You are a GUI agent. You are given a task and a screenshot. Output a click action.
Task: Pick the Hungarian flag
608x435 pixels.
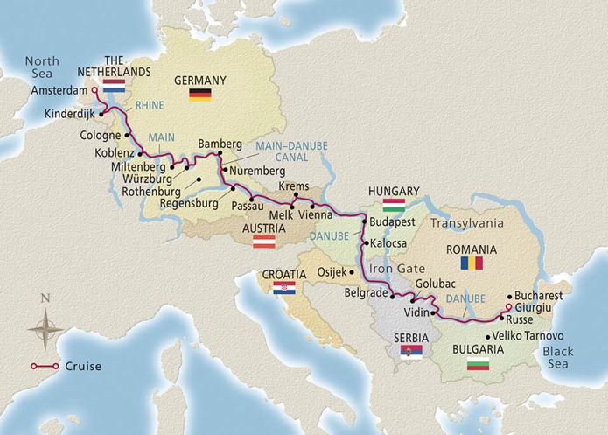point(390,206)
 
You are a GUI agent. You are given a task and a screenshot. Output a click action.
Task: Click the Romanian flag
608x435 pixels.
point(472,263)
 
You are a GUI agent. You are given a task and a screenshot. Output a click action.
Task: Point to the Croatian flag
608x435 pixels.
point(286,288)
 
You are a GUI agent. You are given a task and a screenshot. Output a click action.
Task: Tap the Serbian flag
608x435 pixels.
point(409,353)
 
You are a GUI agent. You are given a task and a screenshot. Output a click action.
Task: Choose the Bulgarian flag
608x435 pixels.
point(478,363)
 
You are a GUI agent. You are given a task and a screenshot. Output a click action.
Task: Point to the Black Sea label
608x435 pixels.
point(572,355)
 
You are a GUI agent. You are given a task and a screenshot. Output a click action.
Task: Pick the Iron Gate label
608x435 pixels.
point(392,270)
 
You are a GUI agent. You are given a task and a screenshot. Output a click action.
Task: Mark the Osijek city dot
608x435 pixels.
point(354,270)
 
